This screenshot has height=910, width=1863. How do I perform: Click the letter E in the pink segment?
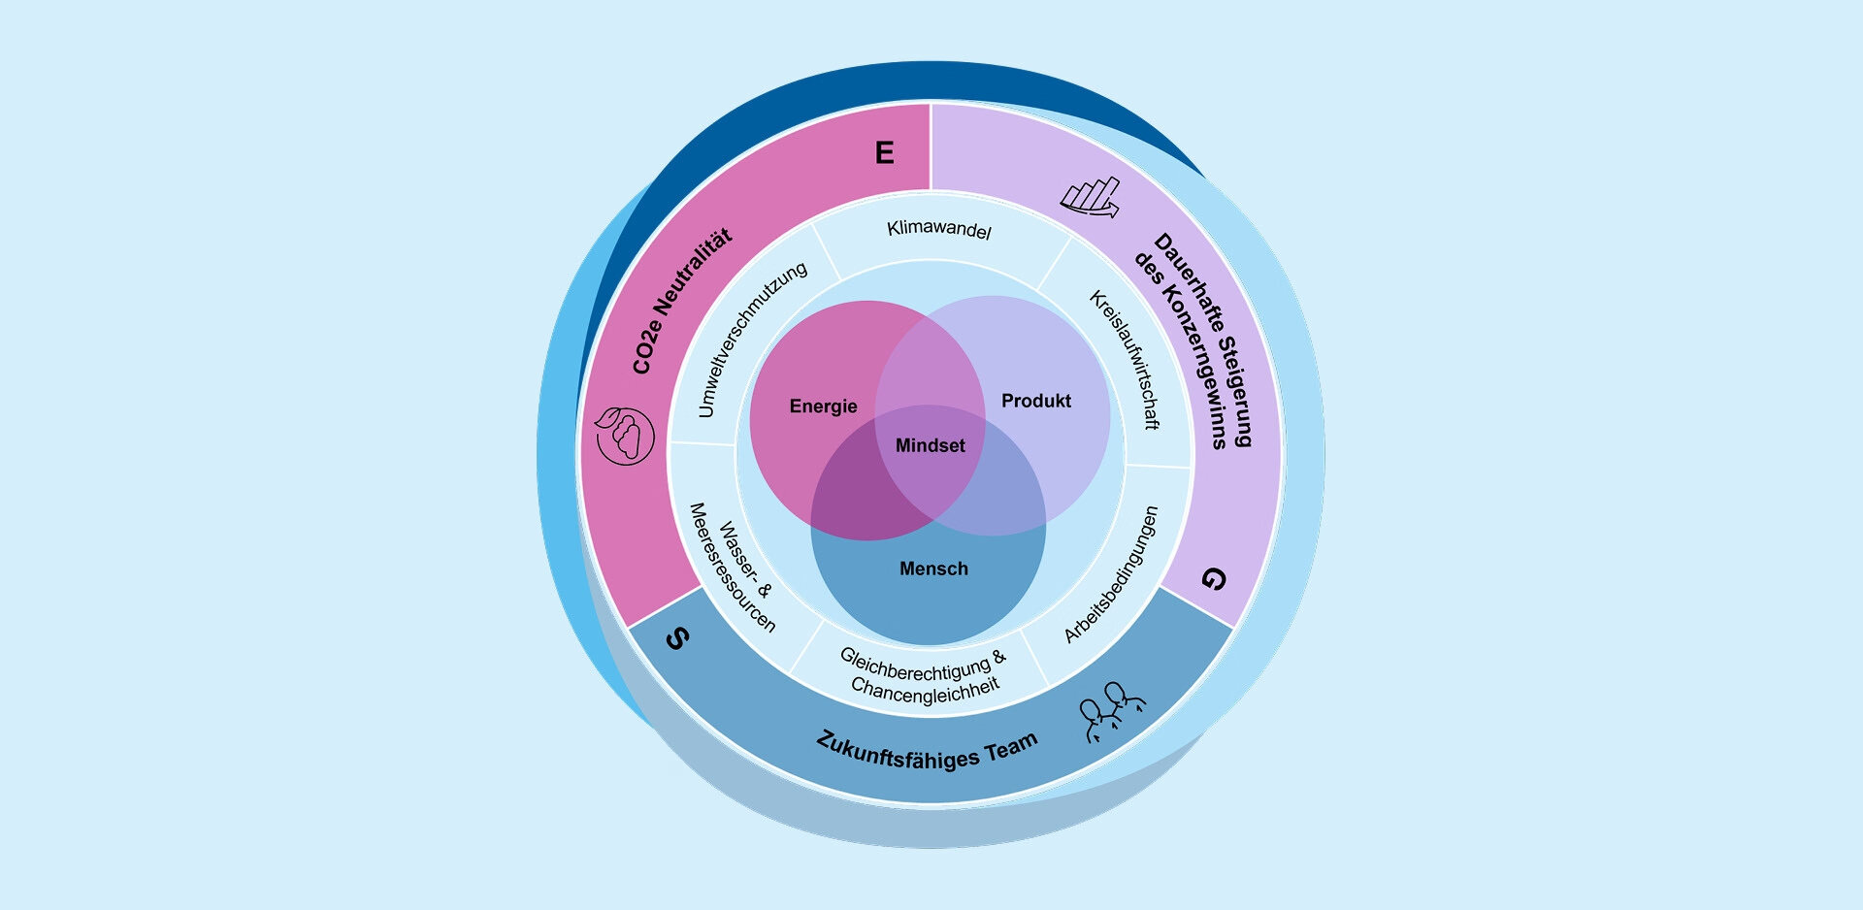tap(884, 153)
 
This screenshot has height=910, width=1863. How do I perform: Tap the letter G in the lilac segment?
tap(1214, 579)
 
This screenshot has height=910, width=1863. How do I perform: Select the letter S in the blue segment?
tap(678, 638)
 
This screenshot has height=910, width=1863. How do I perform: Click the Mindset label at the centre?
tap(930, 446)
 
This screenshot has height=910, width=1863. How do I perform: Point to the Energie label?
tap(823, 406)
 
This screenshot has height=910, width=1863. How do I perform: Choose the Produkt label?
tap(1036, 401)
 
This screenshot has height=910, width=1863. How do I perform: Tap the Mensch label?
tap(933, 569)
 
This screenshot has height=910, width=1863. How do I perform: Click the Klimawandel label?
tap(939, 230)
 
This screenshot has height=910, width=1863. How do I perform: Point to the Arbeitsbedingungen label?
tap(1112, 574)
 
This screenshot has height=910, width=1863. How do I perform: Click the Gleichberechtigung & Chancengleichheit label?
tap(924, 675)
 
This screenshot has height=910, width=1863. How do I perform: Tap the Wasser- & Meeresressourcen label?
tap(734, 568)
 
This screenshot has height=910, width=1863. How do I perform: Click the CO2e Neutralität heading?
tap(682, 301)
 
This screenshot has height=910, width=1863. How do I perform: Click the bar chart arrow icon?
tap(1091, 197)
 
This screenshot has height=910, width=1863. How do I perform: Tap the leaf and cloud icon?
tap(624, 435)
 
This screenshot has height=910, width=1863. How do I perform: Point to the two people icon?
tap(1112, 712)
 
